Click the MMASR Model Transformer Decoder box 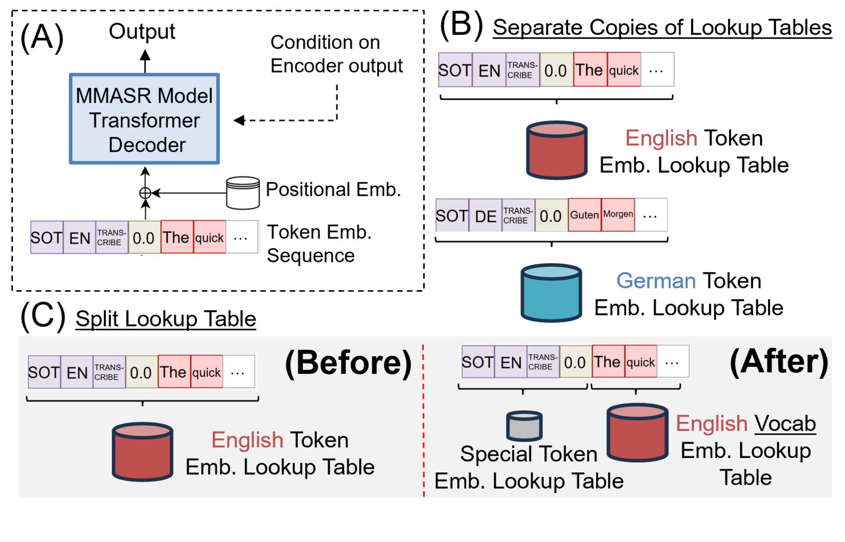(x=144, y=119)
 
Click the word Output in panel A (x=142, y=31)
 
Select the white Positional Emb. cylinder (x=243, y=193)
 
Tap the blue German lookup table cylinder (x=551, y=293)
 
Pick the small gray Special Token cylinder (x=524, y=426)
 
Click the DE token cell (x=486, y=216)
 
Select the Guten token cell (x=584, y=215)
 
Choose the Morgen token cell (x=618, y=215)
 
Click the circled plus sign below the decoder (x=145, y=193)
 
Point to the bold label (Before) (x=348, y=363)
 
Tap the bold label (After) (x=779, y=362)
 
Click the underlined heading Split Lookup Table (x=166, y=319)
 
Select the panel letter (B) (x=462, y=25)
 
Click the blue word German (x=656, y=281)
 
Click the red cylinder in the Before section (x=143, y=452)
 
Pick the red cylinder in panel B (x=557, y=150)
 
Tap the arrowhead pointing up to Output (x=145, y=56)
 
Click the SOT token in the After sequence (x=478, y=362)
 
